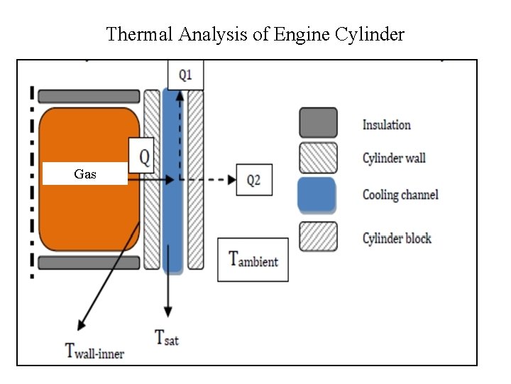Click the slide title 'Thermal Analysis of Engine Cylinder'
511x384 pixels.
pos(255,33)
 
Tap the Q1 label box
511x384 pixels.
pos(185,75)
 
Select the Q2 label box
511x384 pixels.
pos(253,181)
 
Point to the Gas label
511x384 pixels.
pos(85,174)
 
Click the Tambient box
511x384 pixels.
pos(253,260)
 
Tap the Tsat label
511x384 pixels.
pos(167,336)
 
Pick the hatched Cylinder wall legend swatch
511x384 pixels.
pos(317,158)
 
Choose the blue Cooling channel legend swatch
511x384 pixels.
pos(317,195)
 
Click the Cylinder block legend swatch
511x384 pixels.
pos(317,237)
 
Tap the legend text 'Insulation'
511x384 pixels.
pos(386,125)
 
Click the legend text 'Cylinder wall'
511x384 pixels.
pos(394,158)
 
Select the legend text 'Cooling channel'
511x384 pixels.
pos(400,194)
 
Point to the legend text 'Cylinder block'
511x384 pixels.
pos(397,238)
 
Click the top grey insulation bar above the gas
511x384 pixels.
pos(89,96)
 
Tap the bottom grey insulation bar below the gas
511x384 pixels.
pos(89,262)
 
